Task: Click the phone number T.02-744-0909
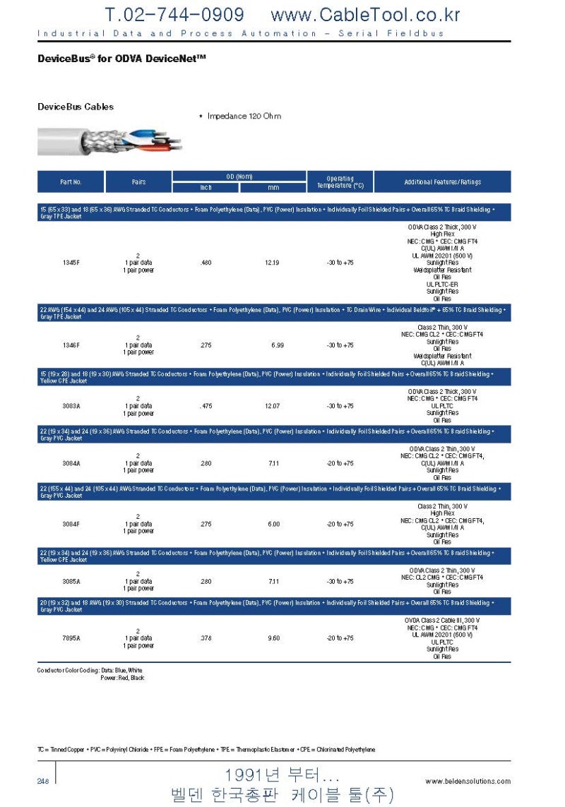[x=174, y=15]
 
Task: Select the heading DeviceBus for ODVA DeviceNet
[x=121, y=59]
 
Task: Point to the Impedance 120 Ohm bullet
[x=240, y=116]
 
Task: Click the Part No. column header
[x=71, y=182]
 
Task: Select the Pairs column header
[x=138, y=182]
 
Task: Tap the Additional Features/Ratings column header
[x=442, y=182]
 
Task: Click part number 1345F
[x=71, y=263]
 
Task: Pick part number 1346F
[x=71, y=345]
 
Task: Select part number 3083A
[x=71, y=406]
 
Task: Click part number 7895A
[x=71, y=638]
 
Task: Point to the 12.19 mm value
[x=272, y=263]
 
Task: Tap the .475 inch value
[x=206, y=406]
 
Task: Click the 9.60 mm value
[x=273, y=638]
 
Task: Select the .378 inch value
[x=206, y=638]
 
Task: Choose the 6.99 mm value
[x=278, y=345]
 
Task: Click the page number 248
[x=43, y=780]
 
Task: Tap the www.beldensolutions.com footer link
[x=468, y=781]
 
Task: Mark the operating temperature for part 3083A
[x=340, y=406]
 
